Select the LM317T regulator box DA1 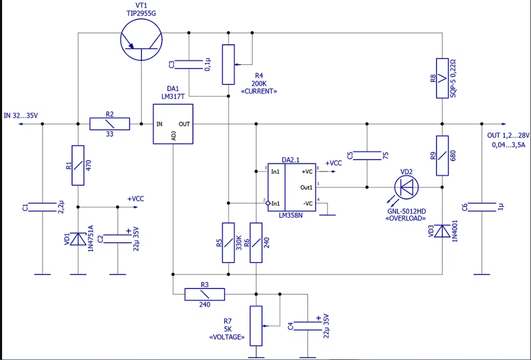click(x=173, y=124)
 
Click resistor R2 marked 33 click(x=110, y=124)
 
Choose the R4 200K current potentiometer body click(x=228, y=65)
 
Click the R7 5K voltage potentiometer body click(x=256, y=326)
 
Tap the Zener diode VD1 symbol click(x=78, y=239)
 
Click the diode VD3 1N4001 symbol click(x=442, y=230)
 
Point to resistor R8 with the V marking click(x=442, y=78)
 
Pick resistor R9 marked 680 click(x=442, y=155)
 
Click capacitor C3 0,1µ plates click(x=188, y=65)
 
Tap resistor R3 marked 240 click(x=204, y=295)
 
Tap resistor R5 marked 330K click(x=228, y=243)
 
